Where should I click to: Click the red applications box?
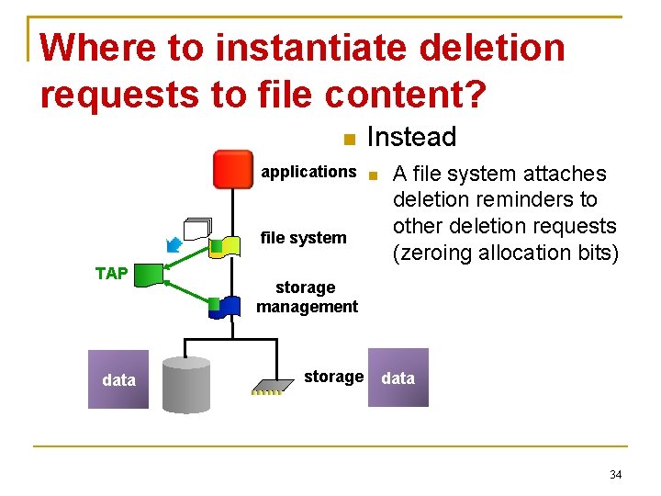[232, 169]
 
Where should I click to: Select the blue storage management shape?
[224, 307]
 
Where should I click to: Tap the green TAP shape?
[151, 274]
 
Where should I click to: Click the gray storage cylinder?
[185, 385]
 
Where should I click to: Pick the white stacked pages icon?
[196, 230]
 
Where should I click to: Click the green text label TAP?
[111, 274]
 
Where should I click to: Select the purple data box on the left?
[118, 379]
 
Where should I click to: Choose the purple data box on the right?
[398, 378]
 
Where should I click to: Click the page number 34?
[615, 475]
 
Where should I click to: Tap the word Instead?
[411, 138]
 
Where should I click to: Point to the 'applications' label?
[308, 172]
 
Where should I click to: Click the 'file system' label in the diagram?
[304, 238]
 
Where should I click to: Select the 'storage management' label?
[307, 297]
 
